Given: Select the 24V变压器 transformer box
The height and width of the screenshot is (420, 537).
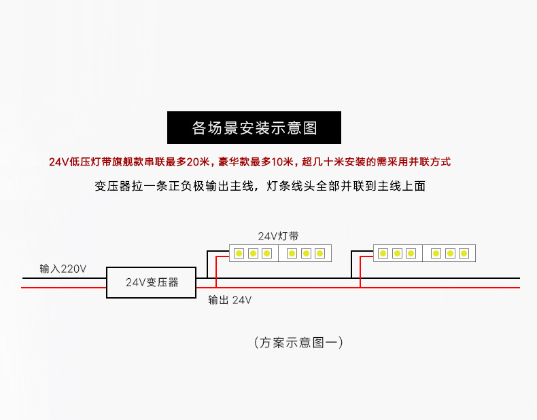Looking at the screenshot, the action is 152,282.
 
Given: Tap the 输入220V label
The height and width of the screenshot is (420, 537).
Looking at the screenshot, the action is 63,269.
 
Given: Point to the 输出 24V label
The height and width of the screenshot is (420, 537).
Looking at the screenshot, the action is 230,300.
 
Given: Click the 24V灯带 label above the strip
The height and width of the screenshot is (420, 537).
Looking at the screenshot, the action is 278,236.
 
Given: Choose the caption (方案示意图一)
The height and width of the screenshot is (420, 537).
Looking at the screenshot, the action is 298,343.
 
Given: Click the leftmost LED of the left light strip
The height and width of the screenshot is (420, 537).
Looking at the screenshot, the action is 239,254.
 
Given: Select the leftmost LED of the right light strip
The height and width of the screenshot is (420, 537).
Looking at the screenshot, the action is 383,254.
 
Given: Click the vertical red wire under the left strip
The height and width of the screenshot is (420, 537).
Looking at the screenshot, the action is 216,273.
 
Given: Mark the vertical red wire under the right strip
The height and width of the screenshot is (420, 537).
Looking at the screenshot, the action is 360,273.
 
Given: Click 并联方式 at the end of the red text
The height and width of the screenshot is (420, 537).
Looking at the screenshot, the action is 430,162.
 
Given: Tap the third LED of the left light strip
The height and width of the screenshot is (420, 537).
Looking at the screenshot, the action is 266,254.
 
